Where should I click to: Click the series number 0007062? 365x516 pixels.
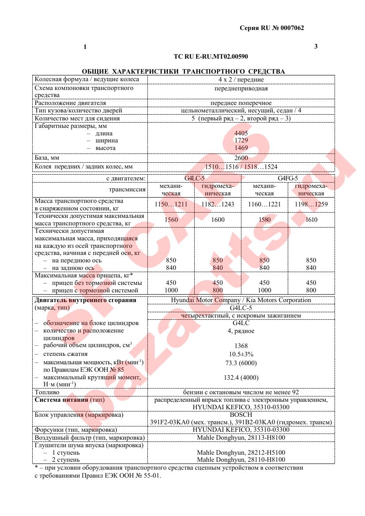[x=289, y=28]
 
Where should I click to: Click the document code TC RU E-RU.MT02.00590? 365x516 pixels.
[x=211, y=56]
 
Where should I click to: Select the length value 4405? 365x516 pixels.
[x=241, y=133]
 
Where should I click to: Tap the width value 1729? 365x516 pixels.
[x=241, y=141]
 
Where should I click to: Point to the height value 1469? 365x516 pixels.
[x=241, y=148]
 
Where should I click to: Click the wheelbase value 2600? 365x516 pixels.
[x=241, y=158]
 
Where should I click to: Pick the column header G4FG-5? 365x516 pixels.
[x=288, y=178]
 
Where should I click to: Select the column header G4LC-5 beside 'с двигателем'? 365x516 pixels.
[x=194, y=178]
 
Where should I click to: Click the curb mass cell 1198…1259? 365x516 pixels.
[x=311, y=205]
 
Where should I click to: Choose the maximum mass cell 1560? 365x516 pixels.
[x=171, y=220]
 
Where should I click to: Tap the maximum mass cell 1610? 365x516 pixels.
[x=311, y=220]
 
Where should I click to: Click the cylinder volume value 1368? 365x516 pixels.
[x=241, y=346]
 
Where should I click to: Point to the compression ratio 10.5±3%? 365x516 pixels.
[x=241, y=354]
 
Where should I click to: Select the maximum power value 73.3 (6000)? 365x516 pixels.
[x=241, y=363]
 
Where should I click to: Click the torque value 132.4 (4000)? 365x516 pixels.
[x=241, y=378]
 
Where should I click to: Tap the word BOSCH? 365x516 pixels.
[x=241, y=415]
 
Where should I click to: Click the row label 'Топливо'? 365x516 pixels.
[x=47, y=392]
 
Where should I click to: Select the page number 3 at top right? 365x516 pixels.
[x=316, y=47]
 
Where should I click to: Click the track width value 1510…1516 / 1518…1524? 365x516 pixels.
[x=241, y=167]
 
